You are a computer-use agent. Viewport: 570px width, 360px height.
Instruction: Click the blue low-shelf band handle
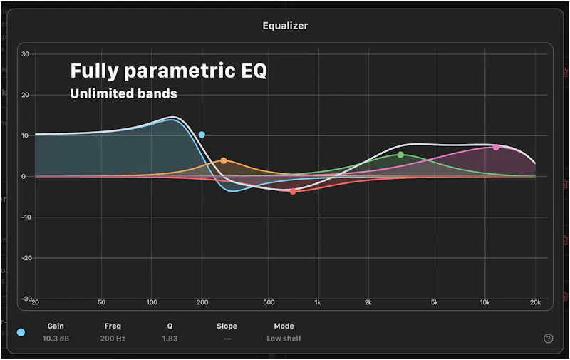point(202,135)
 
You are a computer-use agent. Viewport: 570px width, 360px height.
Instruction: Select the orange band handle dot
point(224,160)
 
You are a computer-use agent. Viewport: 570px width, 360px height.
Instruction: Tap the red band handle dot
point(293,191)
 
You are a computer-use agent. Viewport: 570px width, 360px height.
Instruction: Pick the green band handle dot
point(400,155)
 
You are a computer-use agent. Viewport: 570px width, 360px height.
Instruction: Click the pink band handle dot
point(496,148)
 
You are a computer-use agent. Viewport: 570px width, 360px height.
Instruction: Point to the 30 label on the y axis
point(26,54)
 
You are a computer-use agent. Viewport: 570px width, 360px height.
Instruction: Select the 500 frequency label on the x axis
point(269,302)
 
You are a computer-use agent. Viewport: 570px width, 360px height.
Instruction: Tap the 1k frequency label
point(318,302)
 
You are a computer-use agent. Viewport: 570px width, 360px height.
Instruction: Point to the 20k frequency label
point(536,302)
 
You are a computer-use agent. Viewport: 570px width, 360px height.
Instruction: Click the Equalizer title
point(286,26)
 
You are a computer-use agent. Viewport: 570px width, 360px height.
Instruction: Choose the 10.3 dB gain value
point(56,339)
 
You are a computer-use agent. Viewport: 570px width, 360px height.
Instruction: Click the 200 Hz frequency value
point(113,339)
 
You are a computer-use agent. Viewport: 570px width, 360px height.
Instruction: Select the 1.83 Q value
point(170,339)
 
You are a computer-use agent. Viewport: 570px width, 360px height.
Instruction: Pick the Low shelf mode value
point(284,339)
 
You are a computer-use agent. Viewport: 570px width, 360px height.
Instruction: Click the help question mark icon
point(548,339)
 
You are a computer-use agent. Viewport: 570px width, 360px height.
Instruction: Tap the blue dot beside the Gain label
point(21,332)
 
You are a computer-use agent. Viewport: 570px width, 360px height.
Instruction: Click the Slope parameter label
point(227,326)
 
